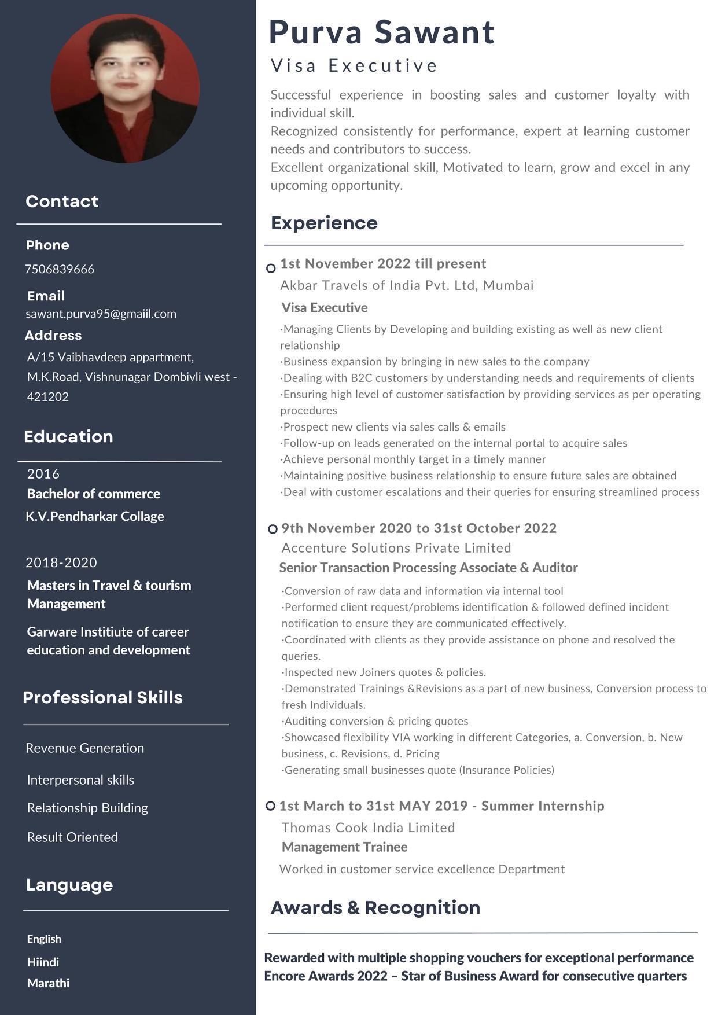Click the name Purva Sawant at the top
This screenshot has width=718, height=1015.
point(382,32)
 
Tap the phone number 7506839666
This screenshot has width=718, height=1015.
point(60,269)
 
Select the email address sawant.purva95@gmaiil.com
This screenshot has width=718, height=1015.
point(101,314)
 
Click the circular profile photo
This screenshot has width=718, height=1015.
point(125,89)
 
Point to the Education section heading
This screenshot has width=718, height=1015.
point(68,436)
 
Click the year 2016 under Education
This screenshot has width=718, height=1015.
point(43,474)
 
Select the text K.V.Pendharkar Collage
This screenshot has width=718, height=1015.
point(95,516)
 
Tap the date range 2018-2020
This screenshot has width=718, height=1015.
point(61,562)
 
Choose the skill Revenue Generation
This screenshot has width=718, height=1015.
point(85,748)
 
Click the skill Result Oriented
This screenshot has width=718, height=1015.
point(72,837)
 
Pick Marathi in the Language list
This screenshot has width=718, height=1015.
point(48,983)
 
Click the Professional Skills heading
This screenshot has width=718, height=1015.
point(102,697)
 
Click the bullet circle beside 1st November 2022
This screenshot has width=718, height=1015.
point(271,268)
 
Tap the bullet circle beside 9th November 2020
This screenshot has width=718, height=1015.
point(273,529)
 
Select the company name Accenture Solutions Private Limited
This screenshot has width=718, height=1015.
point(396,548)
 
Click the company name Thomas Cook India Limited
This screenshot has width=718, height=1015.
point(368,828)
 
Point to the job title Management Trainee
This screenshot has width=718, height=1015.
point(344,847)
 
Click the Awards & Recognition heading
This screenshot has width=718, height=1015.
point(375,907)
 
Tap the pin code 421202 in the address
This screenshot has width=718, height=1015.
point(48,396)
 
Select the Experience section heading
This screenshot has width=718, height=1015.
point(324,223)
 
